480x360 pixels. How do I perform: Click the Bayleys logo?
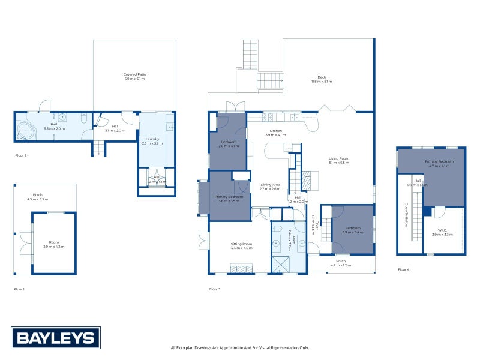(56, 338)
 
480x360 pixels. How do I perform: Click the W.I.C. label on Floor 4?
(443, 230)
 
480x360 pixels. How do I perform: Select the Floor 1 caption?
(20, 289)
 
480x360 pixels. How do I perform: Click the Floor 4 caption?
(404, 270)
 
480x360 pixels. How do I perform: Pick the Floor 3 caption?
(215, 289)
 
